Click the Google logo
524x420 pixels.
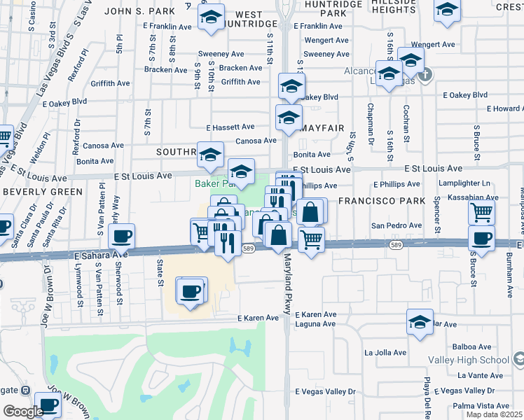(x=23, y=412)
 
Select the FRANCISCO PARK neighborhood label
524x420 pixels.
(x=382, y=201)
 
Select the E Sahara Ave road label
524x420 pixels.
(x=100, y=257)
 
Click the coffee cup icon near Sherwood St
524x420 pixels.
(x=121, y=237)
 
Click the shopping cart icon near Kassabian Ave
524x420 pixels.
(x=481, y=211)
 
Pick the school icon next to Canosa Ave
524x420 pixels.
(x=289, y=118)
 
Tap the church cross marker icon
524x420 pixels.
(x=424, y=73)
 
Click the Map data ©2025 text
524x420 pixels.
(x=494, y=414)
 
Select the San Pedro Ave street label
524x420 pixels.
(x=396, y=225)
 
